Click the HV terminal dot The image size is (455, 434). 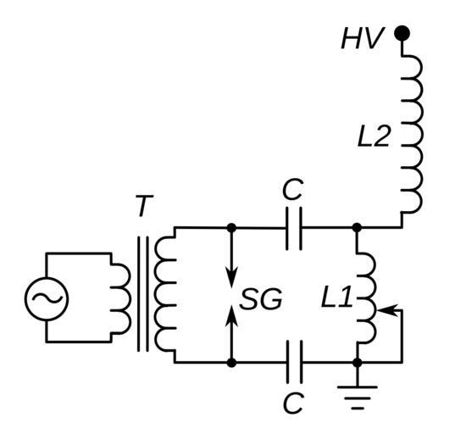click(402, 33)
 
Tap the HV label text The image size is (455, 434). click(363, 38)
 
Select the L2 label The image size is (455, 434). click(374, 136)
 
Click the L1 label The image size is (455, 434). click(336, 297)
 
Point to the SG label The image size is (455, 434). click(261, 299)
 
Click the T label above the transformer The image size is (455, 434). click(144, 205)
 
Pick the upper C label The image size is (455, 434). click(293, 189)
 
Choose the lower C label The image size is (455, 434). click(293, 403)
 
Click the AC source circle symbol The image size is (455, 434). click(47, 298)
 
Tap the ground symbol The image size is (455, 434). click(358, 398)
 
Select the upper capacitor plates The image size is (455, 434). click(294, 229)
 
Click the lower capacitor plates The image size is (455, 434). click(294, 362)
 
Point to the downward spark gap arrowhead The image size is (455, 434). click(231, 277)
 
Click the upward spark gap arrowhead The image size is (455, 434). click(231, 316)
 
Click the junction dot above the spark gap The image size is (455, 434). click(231, 228)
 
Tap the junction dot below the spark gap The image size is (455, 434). click(231, 363)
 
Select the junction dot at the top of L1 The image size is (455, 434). click(357, 228)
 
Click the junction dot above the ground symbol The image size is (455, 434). click(358, 363)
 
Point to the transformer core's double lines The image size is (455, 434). click(143, 294)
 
